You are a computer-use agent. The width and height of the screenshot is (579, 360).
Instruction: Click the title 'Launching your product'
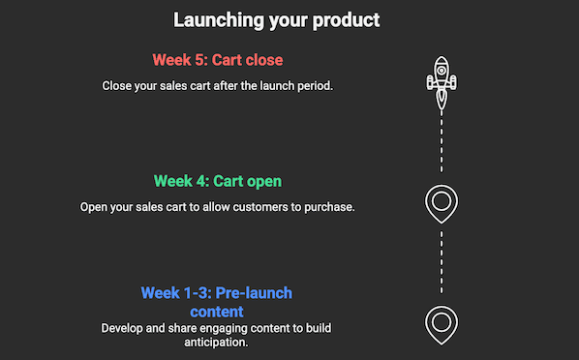point(276,19)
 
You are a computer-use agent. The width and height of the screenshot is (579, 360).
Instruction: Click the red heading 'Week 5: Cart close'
point(217,60)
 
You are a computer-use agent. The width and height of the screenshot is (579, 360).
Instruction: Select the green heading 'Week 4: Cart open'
point(217,181)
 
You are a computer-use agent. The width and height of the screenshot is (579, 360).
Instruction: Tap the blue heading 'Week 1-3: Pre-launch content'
point(217,293)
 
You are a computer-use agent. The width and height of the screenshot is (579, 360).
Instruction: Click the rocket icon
point(442,80)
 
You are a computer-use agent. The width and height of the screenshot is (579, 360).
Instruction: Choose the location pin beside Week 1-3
point(442,323)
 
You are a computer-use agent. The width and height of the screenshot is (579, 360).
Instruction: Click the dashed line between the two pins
point(442,261)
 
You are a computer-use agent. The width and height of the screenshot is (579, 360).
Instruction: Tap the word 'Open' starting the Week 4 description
point(97,206)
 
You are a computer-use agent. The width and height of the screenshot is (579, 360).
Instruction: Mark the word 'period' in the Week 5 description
point(312,85)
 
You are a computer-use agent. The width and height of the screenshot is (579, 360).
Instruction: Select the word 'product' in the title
point(345,19)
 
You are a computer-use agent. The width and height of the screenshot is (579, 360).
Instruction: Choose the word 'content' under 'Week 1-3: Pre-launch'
point(217,312)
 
